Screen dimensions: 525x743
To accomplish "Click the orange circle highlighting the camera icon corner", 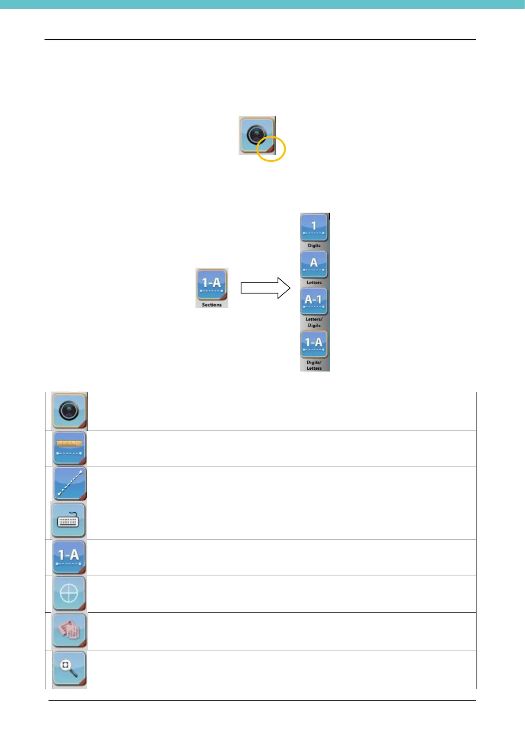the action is [271, 149].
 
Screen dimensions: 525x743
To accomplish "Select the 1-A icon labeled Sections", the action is [212, 284].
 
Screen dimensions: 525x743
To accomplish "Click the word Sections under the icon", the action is [212, 305].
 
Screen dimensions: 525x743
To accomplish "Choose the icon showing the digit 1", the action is [314, 227].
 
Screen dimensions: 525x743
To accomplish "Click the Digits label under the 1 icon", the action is [314, 245].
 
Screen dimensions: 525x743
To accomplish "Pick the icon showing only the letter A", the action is [314, 264].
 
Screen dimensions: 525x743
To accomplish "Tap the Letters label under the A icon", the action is [314, 282].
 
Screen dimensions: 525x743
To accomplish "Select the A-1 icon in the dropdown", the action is [314, 301].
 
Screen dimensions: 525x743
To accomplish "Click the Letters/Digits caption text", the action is [314, 322].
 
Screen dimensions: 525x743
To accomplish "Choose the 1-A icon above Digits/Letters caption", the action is [314, 344].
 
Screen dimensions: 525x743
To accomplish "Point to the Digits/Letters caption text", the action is [314, 365].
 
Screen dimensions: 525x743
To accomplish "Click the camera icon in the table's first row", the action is [69, 411].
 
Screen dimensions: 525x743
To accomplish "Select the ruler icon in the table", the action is [70, 448].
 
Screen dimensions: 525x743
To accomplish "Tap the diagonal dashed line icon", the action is [70, 484].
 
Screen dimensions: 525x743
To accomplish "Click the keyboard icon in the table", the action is [68, 520].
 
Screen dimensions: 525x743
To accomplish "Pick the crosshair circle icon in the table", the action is [69, 593].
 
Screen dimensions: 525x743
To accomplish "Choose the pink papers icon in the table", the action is [69, 631].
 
